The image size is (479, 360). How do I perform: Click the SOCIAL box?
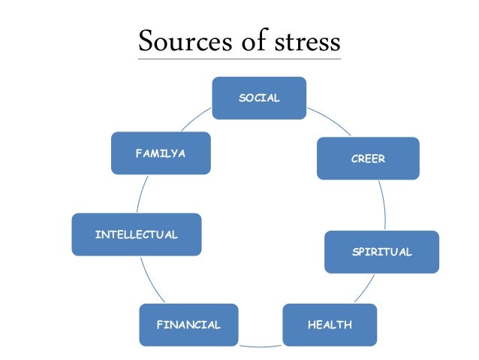point(259,98)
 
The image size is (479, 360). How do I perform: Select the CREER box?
point(367,158)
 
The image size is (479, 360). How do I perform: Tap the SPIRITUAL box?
point(381,252)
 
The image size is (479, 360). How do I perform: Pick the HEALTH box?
point(330,325)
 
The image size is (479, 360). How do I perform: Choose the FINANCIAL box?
point(188,325)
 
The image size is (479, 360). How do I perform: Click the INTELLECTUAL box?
point(136,234)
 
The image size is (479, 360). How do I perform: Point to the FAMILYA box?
point(160,153)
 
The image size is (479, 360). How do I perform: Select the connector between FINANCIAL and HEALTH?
point(260,346)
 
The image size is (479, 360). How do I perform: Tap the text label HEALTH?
point(330,325)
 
